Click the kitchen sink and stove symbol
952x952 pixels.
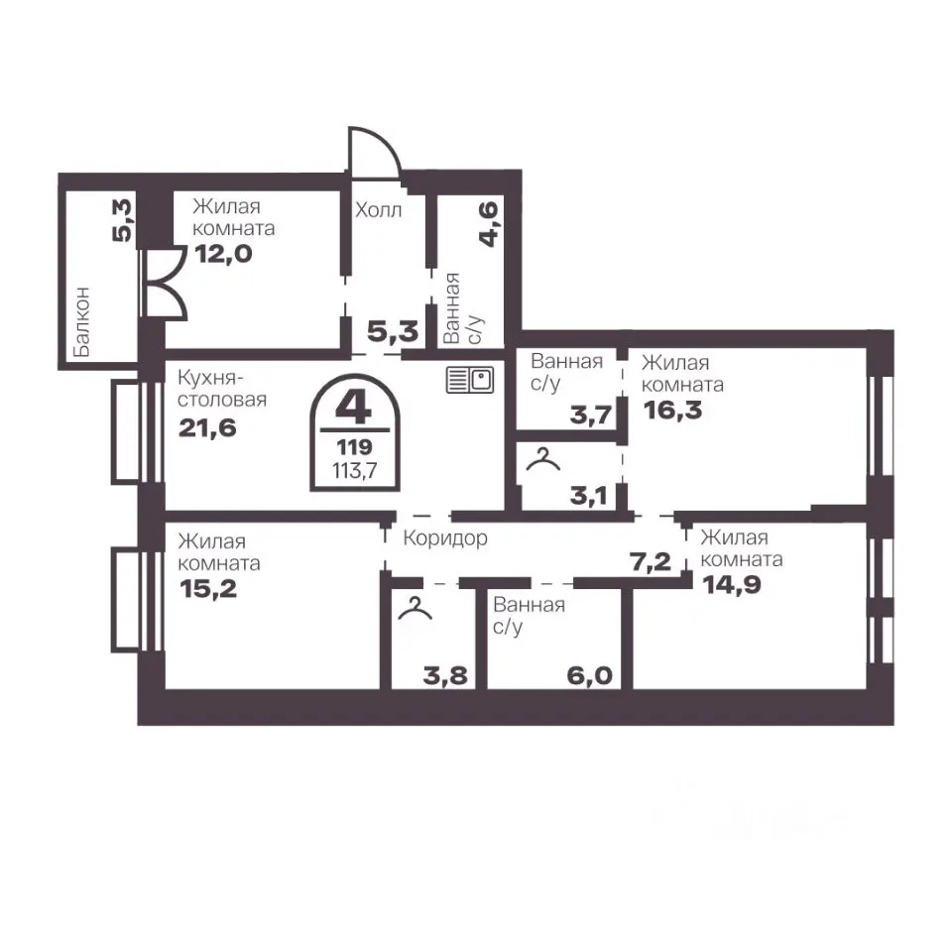469,380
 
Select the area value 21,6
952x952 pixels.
207,428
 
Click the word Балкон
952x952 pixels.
80,321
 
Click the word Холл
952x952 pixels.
378,210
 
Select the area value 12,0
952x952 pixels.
223,253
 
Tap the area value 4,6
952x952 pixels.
489,224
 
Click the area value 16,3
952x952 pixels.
672,410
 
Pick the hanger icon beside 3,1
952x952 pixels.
542,459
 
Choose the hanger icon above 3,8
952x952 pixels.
416,608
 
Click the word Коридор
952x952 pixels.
445,537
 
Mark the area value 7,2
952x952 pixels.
651,562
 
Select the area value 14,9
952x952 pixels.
731,584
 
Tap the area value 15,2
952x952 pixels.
208,588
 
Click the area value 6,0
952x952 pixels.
589,675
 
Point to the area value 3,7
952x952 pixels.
590,416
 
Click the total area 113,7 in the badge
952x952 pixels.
355,470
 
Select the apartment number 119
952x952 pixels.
354,447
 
